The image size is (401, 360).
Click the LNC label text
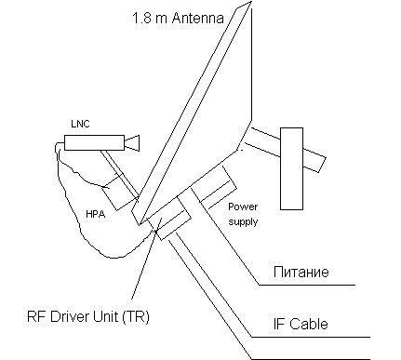[80, 124]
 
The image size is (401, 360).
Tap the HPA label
[96, 214]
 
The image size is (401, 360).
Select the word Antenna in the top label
[197, 18]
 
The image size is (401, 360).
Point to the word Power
[243, 207]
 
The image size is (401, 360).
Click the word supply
[243, 222]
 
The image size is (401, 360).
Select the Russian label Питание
[301, 272]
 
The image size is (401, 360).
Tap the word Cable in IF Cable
[309, 324]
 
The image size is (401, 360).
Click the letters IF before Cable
[279, 324]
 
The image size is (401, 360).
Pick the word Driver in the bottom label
[69, 316]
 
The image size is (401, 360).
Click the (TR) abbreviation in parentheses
[136, 317]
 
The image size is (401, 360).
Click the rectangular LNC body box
[94, 142]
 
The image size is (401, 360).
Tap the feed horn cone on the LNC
[132, 142]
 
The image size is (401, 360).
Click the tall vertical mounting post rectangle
[291, 168]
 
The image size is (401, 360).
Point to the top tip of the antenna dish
[250, 1]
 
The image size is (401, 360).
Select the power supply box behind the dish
[214, 188]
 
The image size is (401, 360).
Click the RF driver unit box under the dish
[169, 218]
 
